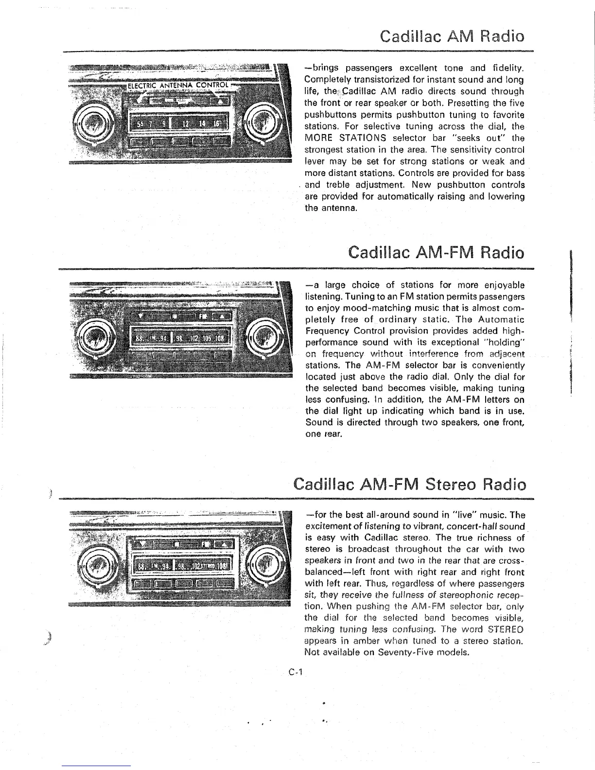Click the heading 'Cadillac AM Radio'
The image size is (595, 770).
[452, 36]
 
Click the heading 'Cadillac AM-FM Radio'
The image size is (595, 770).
[437, 253]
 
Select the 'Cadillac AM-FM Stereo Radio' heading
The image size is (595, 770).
[410, 485]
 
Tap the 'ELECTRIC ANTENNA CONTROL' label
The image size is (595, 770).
[177, 86]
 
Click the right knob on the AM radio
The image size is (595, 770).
[261, 122]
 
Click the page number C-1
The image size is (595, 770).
[295, 673]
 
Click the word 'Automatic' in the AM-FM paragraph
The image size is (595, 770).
[501, 320]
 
